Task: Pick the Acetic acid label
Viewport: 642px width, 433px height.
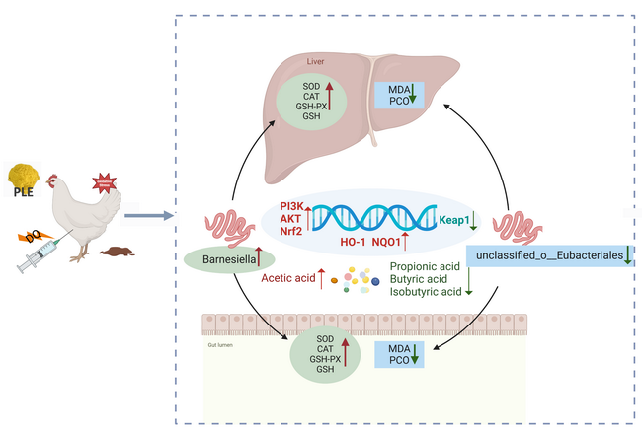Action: coord(288,279)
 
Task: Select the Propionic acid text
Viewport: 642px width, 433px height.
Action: coord(425,267)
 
